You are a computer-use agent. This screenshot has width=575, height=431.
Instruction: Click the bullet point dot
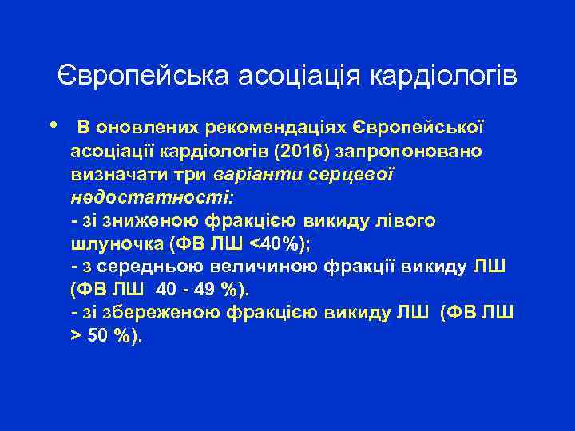click(x=53, y=126)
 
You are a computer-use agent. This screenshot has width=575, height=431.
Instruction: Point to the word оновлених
click(x=147, y=128)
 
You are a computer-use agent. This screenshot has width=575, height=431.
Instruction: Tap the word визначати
click(x=117, y=174)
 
